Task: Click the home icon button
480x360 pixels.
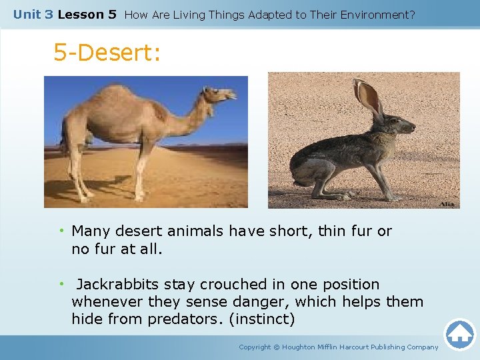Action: (x=459, y=334)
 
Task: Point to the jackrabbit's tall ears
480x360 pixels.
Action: (x=369, y=98)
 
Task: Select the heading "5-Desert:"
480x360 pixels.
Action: (x=107, y=53)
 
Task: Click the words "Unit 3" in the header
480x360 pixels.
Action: (x=33, y=14)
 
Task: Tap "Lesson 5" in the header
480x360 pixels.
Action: (x=87, y=14)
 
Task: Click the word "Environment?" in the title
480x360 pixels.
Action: (x=376, y=14)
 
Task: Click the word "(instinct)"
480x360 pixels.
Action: (x=261, y=319)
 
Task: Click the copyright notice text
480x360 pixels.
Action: (x=339, y=347)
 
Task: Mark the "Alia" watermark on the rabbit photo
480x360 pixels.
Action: (x=447, y=203)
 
